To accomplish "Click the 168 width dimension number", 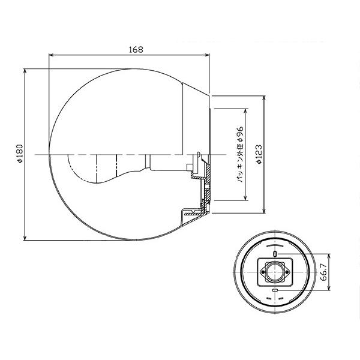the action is pos(136,50).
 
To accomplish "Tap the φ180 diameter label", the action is pos(20,154).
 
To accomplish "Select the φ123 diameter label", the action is pos(259,154).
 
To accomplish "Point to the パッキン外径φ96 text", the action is pos(241,154).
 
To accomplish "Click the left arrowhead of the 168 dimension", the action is pos(51,55).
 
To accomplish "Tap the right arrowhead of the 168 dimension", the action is pos(207,55).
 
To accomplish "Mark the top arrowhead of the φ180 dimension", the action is pos(25,71).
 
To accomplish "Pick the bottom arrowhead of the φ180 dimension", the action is pos(25,238).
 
